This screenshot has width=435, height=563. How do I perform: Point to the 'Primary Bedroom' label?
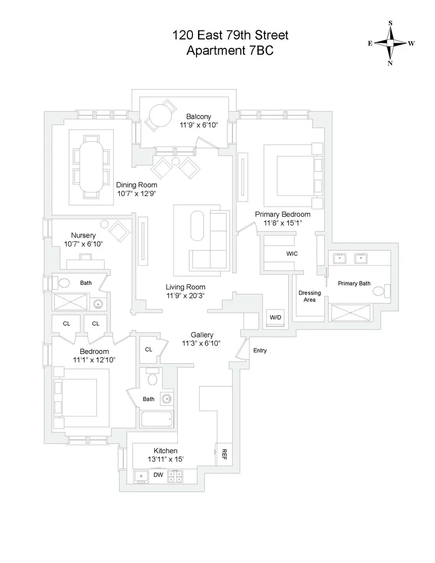(x=282, y=215)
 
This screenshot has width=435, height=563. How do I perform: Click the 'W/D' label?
(x=275, y=318)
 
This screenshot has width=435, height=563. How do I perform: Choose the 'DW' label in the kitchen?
(x=159, y=475)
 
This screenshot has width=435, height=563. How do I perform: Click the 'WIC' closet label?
(x=292, y=254)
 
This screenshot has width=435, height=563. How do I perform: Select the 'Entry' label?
(x=260, y=351)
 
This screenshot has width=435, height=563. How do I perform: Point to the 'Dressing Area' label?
(x=310, y=296)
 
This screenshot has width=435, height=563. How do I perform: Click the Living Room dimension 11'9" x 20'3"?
(x=185, y=295)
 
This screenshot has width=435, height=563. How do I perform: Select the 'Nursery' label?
(x=83, y=235)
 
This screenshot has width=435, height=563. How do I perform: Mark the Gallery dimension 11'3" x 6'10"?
(x=201, y=343)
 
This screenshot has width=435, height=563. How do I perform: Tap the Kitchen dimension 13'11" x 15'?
(x=165, y=460)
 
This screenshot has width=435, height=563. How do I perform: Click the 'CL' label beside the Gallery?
(x=149, y=350)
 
